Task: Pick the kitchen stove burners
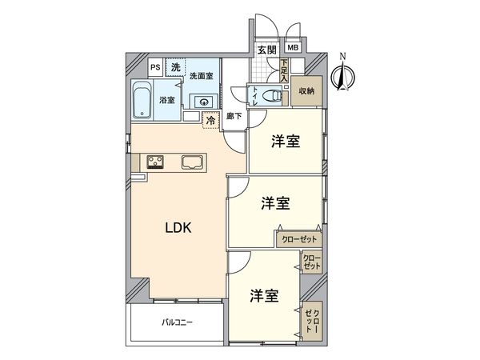click(x=154, y=162)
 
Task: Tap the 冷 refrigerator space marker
click(x=210, y=122)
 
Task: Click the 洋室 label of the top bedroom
click(x=286, y=142)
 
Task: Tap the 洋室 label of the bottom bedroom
click(x=263, y=294)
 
